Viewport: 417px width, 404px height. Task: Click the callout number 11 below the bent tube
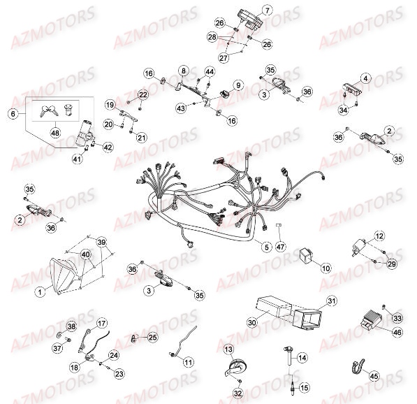(x=188, y=361)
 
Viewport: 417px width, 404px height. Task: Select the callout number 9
(x=238, y=85)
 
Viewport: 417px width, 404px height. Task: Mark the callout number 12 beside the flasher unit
(x=380, y=237)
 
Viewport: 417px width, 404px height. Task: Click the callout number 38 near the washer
(x=71, y=327)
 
